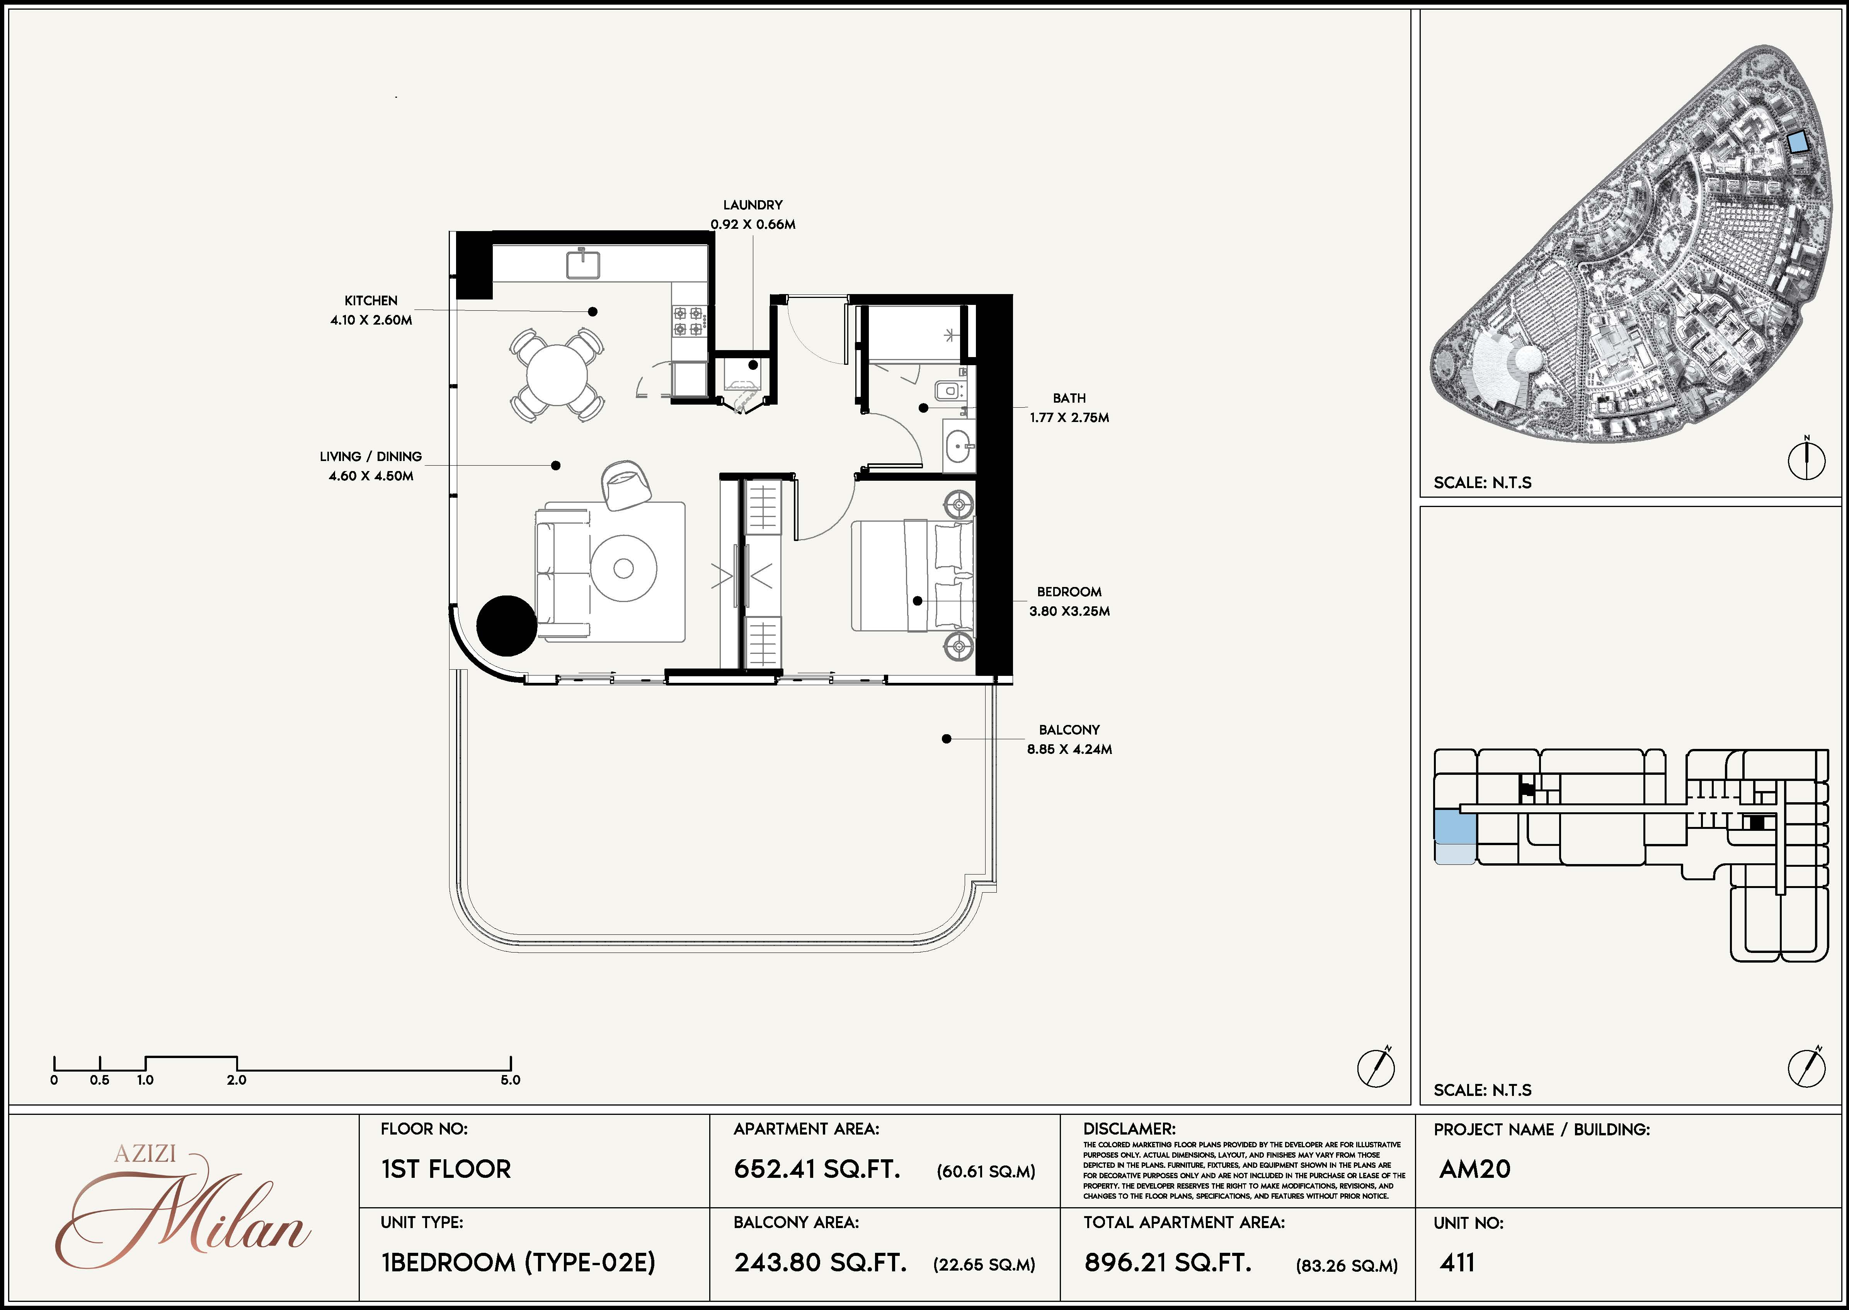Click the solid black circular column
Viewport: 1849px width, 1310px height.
(507, 625)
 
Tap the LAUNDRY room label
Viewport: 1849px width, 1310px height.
(753, 205)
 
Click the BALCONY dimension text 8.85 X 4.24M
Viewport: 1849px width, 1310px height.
(1070, 749)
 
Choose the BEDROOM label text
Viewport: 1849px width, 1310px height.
(1070, 592)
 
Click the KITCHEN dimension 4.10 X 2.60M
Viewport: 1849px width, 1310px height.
(371, 320)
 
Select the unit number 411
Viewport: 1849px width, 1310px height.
(1457, 1262)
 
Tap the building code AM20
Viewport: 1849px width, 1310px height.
(1475, 1169)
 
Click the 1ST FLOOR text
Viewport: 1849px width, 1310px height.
(446, 1169)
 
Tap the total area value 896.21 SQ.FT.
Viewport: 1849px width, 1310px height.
(1167, 1262)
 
